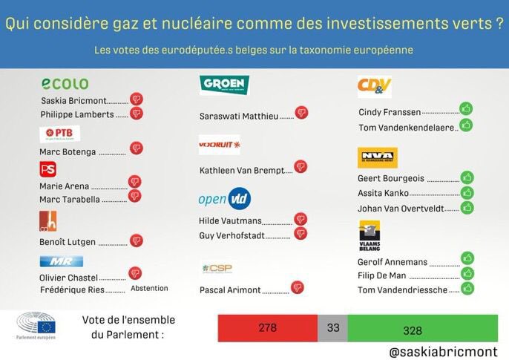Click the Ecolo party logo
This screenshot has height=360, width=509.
[65, 83]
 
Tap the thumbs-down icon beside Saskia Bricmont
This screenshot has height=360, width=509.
[137, 99]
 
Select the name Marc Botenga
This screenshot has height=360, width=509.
[68, 152]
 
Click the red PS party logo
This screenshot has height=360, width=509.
[47, 170]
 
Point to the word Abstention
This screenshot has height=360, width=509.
[149, 288]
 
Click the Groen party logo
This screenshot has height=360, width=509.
[224, 85]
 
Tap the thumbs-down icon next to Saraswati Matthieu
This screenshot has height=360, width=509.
[301, 113]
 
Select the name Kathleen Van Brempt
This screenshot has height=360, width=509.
[242, 170]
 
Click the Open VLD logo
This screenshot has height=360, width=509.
[224, 199]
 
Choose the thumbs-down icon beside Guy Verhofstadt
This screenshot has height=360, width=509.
[301, 233]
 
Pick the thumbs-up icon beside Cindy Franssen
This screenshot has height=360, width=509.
[466, 108]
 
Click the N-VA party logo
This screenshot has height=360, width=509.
[378, 157]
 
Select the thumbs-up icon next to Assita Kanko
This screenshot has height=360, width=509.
[467, 192]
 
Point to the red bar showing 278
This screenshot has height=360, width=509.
[267, 329]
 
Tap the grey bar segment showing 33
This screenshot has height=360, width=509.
[332, 329]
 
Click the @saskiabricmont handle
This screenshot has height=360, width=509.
[442, 350]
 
